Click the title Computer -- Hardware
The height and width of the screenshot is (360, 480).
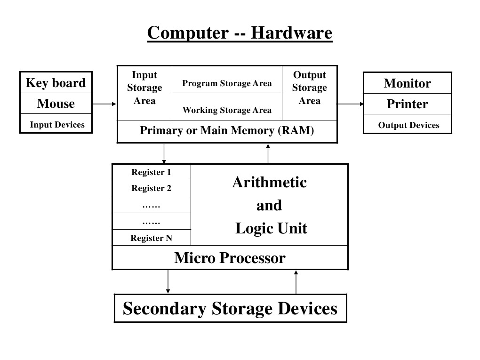[240, 33]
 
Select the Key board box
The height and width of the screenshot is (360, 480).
[56, 83]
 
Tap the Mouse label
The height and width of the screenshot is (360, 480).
[56, 104]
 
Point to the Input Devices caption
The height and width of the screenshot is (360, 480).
[57, 125]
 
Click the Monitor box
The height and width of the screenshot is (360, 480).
[407, 83]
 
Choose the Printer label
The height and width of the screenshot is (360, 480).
[407, 104]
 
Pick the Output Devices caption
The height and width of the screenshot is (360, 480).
[408, 125]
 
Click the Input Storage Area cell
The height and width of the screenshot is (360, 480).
[144, 88]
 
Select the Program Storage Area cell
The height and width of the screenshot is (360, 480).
[227, 83]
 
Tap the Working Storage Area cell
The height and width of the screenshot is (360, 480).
[227, 110]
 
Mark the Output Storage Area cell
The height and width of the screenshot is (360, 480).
[309, 88]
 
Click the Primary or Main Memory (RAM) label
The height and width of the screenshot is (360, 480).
[227, 131]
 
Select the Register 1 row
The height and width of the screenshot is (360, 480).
[151, 172]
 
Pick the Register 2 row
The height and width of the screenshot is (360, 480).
[151, 188]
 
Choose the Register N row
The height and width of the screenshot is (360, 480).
[151, 238]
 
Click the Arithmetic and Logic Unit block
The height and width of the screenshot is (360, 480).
[270, 205]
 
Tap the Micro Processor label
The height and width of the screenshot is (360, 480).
[230, 258]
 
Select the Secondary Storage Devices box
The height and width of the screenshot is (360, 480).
[230, 309]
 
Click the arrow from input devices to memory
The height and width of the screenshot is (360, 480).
[104, 104]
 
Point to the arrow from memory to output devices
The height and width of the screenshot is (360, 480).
[351, 104]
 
